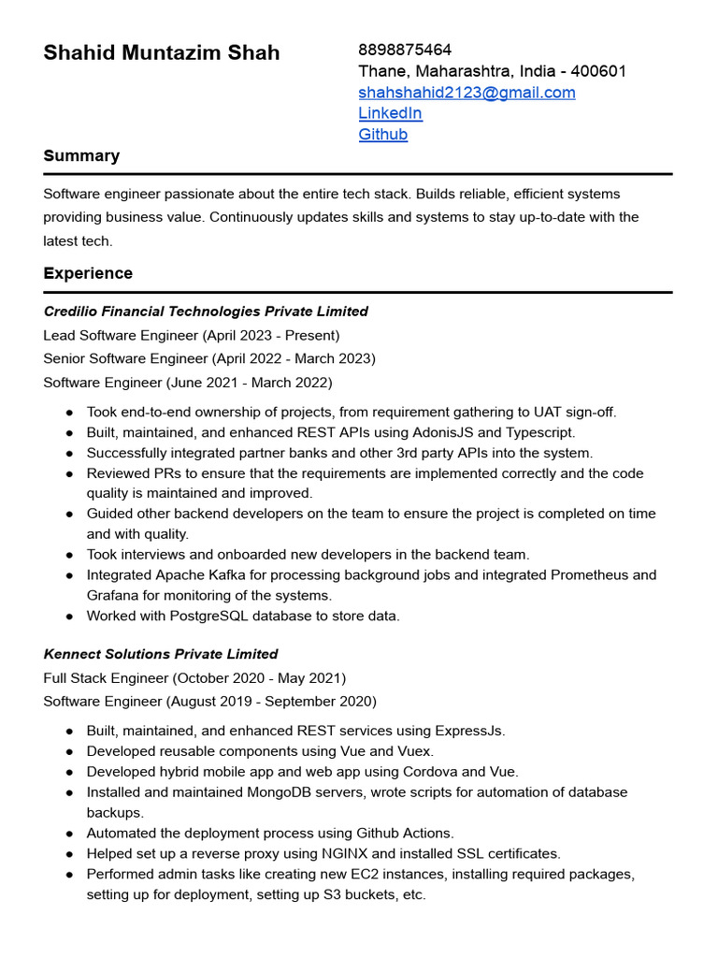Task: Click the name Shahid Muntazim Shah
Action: [x=161, y=52]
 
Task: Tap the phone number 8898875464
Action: [x=405, y=50]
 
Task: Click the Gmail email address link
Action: [x=467, y=92]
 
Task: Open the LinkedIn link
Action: [x=390, y=113]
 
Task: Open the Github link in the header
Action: [x=382, y=134]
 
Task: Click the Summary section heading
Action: [x=81, y=155]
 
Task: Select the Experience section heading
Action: [x=88, y=273]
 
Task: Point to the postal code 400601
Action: [x=598, y=71]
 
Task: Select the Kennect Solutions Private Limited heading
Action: [x=161, y=654]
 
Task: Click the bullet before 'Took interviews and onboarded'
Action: [x=70, y=555]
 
